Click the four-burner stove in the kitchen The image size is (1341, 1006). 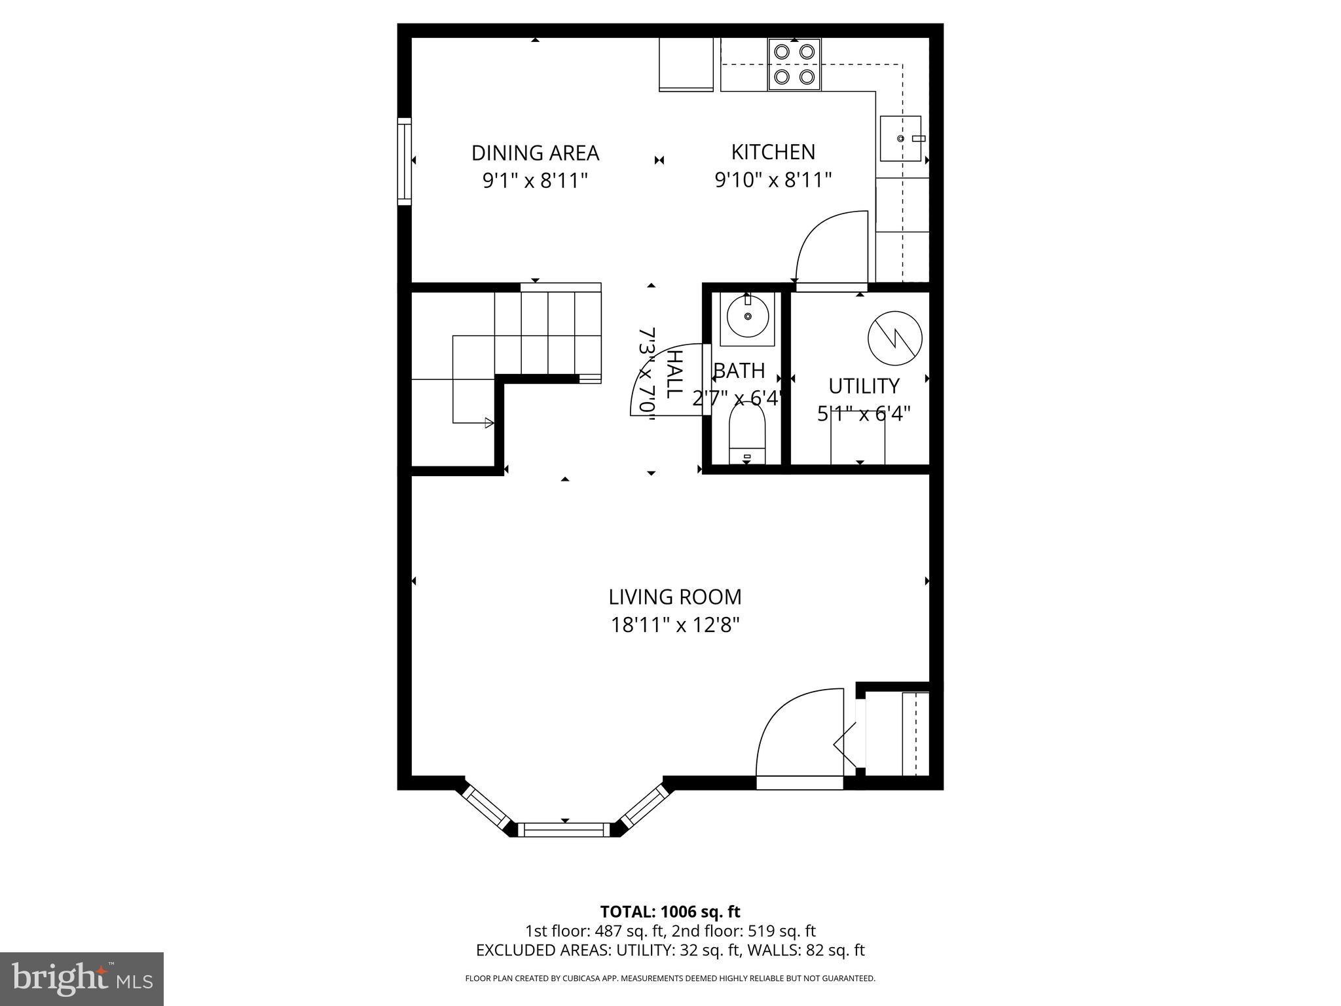click(x=794, y=64)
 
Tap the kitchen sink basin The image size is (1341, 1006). click(x=900, y=139)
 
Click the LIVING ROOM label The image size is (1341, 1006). click(x=675, y=597)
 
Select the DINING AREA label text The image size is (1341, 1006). click(x=535, y=153)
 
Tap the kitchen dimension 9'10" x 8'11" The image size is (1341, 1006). click(x=773, y=179)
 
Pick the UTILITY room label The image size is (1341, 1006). click(x=864, y=386)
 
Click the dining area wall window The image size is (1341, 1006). click(x=405, y=162)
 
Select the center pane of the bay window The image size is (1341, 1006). click(x=564, y=830)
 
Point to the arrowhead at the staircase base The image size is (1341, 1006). click(x=488, y=423)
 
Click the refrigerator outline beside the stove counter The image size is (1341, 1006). click(x=686, y=64)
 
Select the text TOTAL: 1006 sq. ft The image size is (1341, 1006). click(x=670, y=912)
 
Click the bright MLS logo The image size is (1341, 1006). click(x=82, y=978)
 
